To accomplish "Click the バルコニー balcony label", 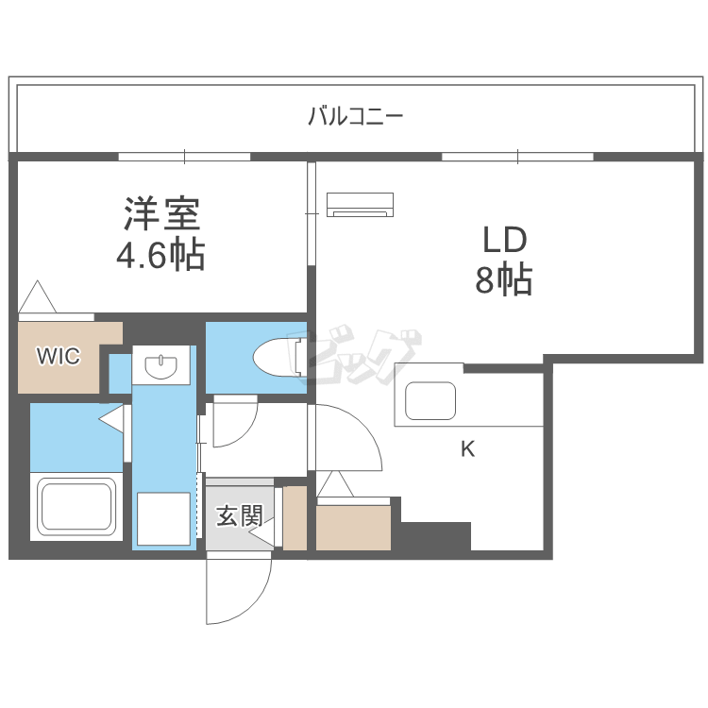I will tap(355, 117).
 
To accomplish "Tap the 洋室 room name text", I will tap(161, 215).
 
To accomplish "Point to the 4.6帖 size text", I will tap(161, 256).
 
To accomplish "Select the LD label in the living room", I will tap(504, 241).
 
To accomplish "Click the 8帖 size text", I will tap(504, 280).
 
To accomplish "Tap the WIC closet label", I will tap(59, 356).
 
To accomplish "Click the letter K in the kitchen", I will tap(467, 449).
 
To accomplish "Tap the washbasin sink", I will tap(163, 364).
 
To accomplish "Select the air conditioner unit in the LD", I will tap(360, 203).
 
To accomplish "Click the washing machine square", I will tap(163, 519).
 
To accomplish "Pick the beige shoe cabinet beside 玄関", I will tap(295, 518).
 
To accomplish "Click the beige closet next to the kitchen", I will tap(353, 528).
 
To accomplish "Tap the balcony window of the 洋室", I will tap(184, 156).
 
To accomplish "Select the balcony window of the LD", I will tap(517, 156).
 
